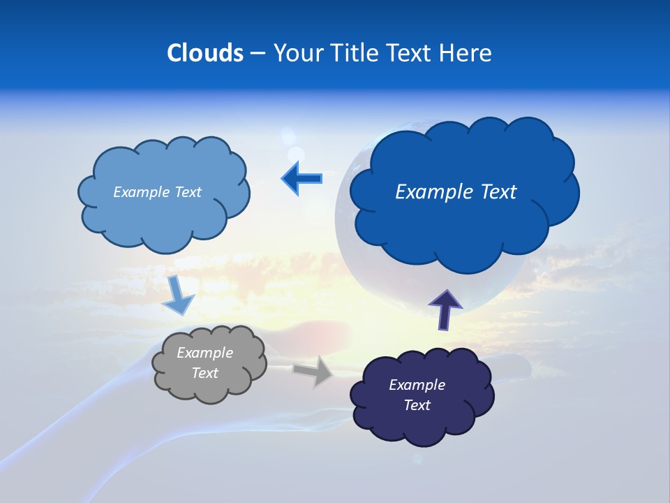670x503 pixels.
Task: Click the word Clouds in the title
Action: pyautogui.click(x=204, y=53)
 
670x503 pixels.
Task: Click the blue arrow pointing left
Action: pyautogui.click(x=301, y=179)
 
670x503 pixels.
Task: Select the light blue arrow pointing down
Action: pyautogui.click(x=178, y=296)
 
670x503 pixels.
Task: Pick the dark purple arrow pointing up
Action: pyautogui.click(x=445, y=309)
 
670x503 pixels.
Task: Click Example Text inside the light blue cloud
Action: pyautogui.click(x=157, y=192)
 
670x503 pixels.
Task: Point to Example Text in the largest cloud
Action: pyautogui.click(x=456, y=192)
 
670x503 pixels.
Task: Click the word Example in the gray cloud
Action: pyautogui.click(x=204, y=353)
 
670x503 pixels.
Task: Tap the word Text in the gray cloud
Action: pyautogui.click(x=204, y=373)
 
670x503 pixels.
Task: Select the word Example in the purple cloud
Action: pyautogui.click(x=417, y=385)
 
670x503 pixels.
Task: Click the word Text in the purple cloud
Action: pyautogui.click(x=417, y=405)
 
